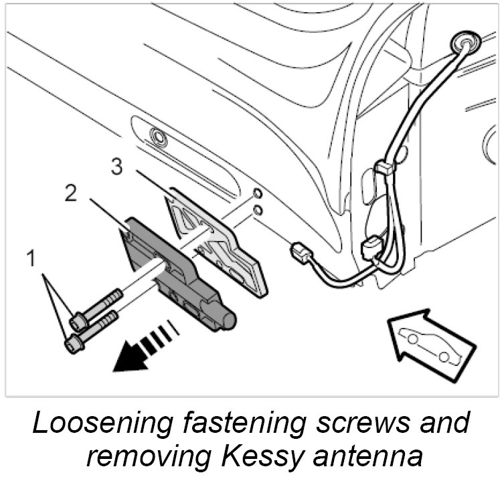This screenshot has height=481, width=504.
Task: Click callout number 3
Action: [117, 167]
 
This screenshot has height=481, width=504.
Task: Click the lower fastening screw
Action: [90, 330]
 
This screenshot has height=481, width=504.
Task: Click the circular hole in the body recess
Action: [159, 138]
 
